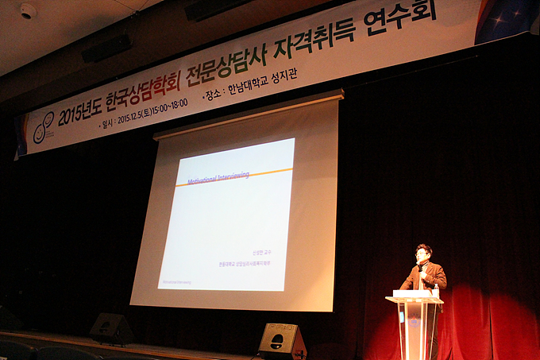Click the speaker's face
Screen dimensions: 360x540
[x=423, y=254]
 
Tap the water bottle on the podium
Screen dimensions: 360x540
[x=436, y=292]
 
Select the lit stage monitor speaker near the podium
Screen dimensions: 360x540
[x=282, y=341]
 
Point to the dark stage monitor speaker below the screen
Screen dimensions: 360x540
[x=111, y=327]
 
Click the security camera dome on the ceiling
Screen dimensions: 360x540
[x=28, y=11]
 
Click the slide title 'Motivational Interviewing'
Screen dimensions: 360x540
[x=218, y=178]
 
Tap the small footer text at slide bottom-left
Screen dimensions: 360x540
[x=177, y=281]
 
